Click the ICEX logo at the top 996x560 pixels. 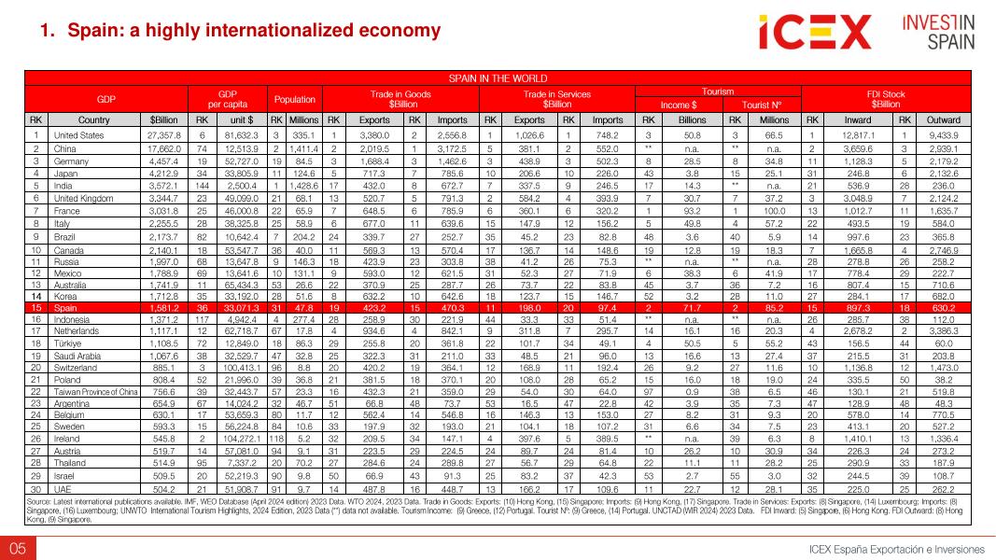(814, 34)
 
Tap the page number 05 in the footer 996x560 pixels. (17, 547)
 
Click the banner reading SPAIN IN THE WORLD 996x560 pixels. (498, 78)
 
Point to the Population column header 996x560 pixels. (294, 98)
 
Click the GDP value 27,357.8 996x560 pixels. (163, 134)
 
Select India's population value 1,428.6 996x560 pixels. (304, 186)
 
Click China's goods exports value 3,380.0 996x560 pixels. (373, 134)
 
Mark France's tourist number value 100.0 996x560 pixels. (774, 212)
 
